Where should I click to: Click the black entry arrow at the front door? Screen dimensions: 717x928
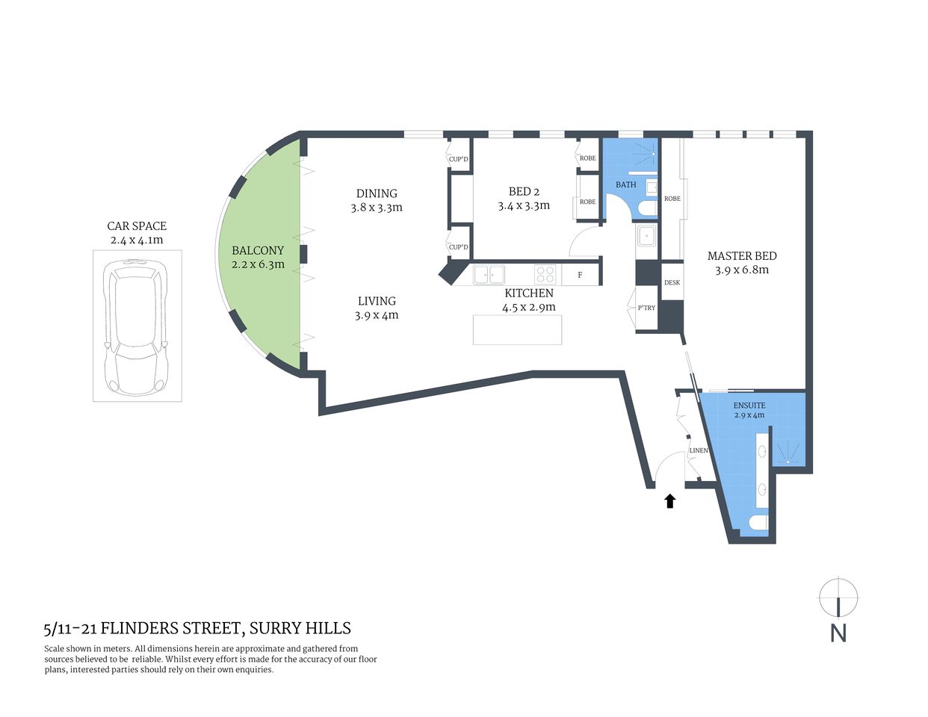pyautogui.click(x=670, y=501)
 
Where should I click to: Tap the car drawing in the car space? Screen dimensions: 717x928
pyautogui.click(x=137, y=326)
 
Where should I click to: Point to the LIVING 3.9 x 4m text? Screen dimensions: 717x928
pyautogui.click(x=377, y=308)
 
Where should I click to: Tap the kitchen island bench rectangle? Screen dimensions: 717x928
pyautogui.click(x=517, y=329)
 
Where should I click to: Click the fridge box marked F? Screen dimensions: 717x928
pyautogui.click(x=580, y=275)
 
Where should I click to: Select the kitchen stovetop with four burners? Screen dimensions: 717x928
pyautogui.click(x=545, y=274)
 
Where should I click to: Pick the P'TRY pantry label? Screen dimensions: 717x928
pyautogui.click(x=646, y=308)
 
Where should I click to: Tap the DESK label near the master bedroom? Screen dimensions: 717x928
pyautogui.click(x=672, y=283)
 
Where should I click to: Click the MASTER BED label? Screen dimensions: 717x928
pyautogui.click(x=742, y=262)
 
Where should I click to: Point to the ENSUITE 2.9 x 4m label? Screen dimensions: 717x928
pyautogui.click(x=749, y=410)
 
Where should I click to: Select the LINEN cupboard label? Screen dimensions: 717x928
pyautogui.click(x=699, y=451)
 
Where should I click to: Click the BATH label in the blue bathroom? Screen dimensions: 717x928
pyautogui.click(x=626, y=184)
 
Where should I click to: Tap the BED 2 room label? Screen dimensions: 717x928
pyautogui.click(x=524, y=198)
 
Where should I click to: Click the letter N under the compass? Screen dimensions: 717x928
pyautogui.click(x=838, y=633)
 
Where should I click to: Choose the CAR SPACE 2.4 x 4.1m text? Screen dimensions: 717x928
pyautogui.click(x=137, y=232)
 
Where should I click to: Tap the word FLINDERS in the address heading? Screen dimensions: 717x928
pyautogui.click(x=144, y=628)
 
